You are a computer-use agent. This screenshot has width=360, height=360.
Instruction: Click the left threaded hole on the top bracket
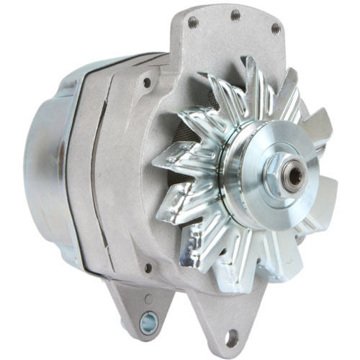click(192, 22)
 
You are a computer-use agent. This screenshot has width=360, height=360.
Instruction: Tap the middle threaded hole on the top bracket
click(235, 14)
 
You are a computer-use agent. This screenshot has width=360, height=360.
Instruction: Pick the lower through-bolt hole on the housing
click(148, 269)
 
